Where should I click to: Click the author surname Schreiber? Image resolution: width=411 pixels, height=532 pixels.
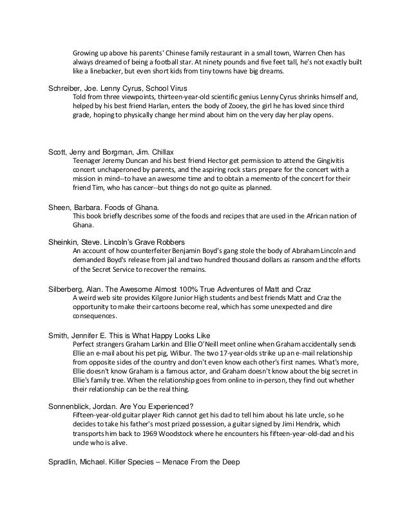point(68,88)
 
